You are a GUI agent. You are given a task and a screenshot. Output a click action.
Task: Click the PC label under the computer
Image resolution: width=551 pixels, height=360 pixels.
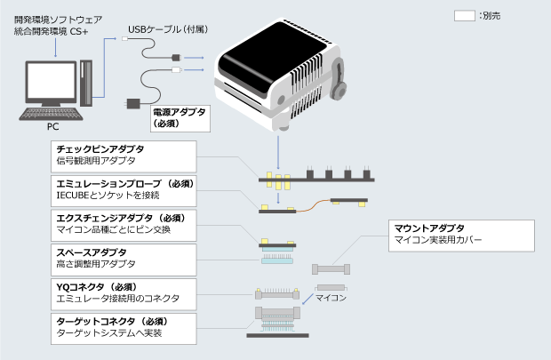point(52,126)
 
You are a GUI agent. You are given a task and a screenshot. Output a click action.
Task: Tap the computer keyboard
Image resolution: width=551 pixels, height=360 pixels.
point(52,113)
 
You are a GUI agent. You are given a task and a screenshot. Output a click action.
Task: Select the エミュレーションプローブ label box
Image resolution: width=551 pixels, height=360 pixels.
point(123,188)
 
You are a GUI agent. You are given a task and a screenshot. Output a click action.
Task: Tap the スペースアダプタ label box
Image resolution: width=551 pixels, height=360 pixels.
point(123,258)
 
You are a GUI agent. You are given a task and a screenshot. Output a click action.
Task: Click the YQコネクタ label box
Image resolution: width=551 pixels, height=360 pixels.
point(123,292)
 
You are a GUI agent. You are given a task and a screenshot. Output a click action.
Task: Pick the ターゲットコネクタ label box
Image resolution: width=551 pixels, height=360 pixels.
point(123,326)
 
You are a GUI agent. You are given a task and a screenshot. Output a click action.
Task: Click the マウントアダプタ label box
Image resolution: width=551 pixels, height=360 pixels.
point(462,236)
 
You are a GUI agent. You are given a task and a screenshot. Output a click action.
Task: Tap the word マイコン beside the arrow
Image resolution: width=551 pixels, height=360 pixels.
point(331,288)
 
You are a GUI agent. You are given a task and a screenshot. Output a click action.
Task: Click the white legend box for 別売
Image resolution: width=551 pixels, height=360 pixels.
point(465,16)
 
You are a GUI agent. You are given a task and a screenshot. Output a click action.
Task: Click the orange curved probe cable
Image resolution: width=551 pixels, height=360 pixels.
point(307,206)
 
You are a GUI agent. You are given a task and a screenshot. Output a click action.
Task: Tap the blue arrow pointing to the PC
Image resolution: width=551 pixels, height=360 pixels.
point(56,50)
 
